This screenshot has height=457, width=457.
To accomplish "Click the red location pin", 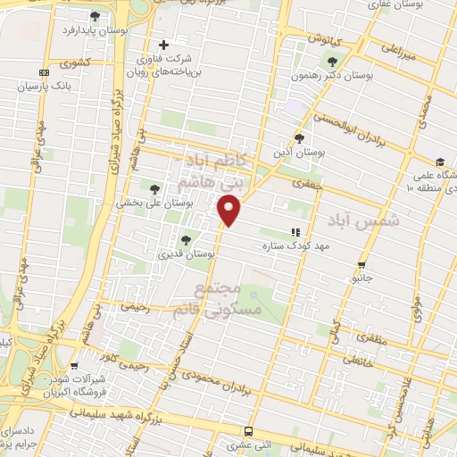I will pyautogui.click(x=230, y=211).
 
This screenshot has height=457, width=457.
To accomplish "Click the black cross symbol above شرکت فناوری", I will pyautogui.click(x=162, y=45).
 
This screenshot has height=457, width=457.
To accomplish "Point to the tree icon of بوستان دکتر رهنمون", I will pyautogui.click(x=333, y=62).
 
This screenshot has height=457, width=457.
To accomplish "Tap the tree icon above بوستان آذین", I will pyautogui.click(x=300, y=138).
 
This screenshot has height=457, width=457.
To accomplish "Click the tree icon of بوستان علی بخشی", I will pyautogui.click(x=156, y=187).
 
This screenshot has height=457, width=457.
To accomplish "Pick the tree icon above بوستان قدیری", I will pyautogui.click(x=186, y=239).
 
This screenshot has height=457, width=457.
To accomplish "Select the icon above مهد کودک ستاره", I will pyautogui.click(x=295, y=232).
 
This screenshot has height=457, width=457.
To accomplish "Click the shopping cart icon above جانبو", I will pyautogui.click(x=361, y=264).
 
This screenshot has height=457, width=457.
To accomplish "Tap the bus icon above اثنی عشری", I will pyautogui.click(x=249, y=430).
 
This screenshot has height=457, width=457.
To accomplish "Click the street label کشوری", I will pyautogui.click(x=74, y=63).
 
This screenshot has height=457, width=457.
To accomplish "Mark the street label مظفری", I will pyautogui.click(x=368, y=340).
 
